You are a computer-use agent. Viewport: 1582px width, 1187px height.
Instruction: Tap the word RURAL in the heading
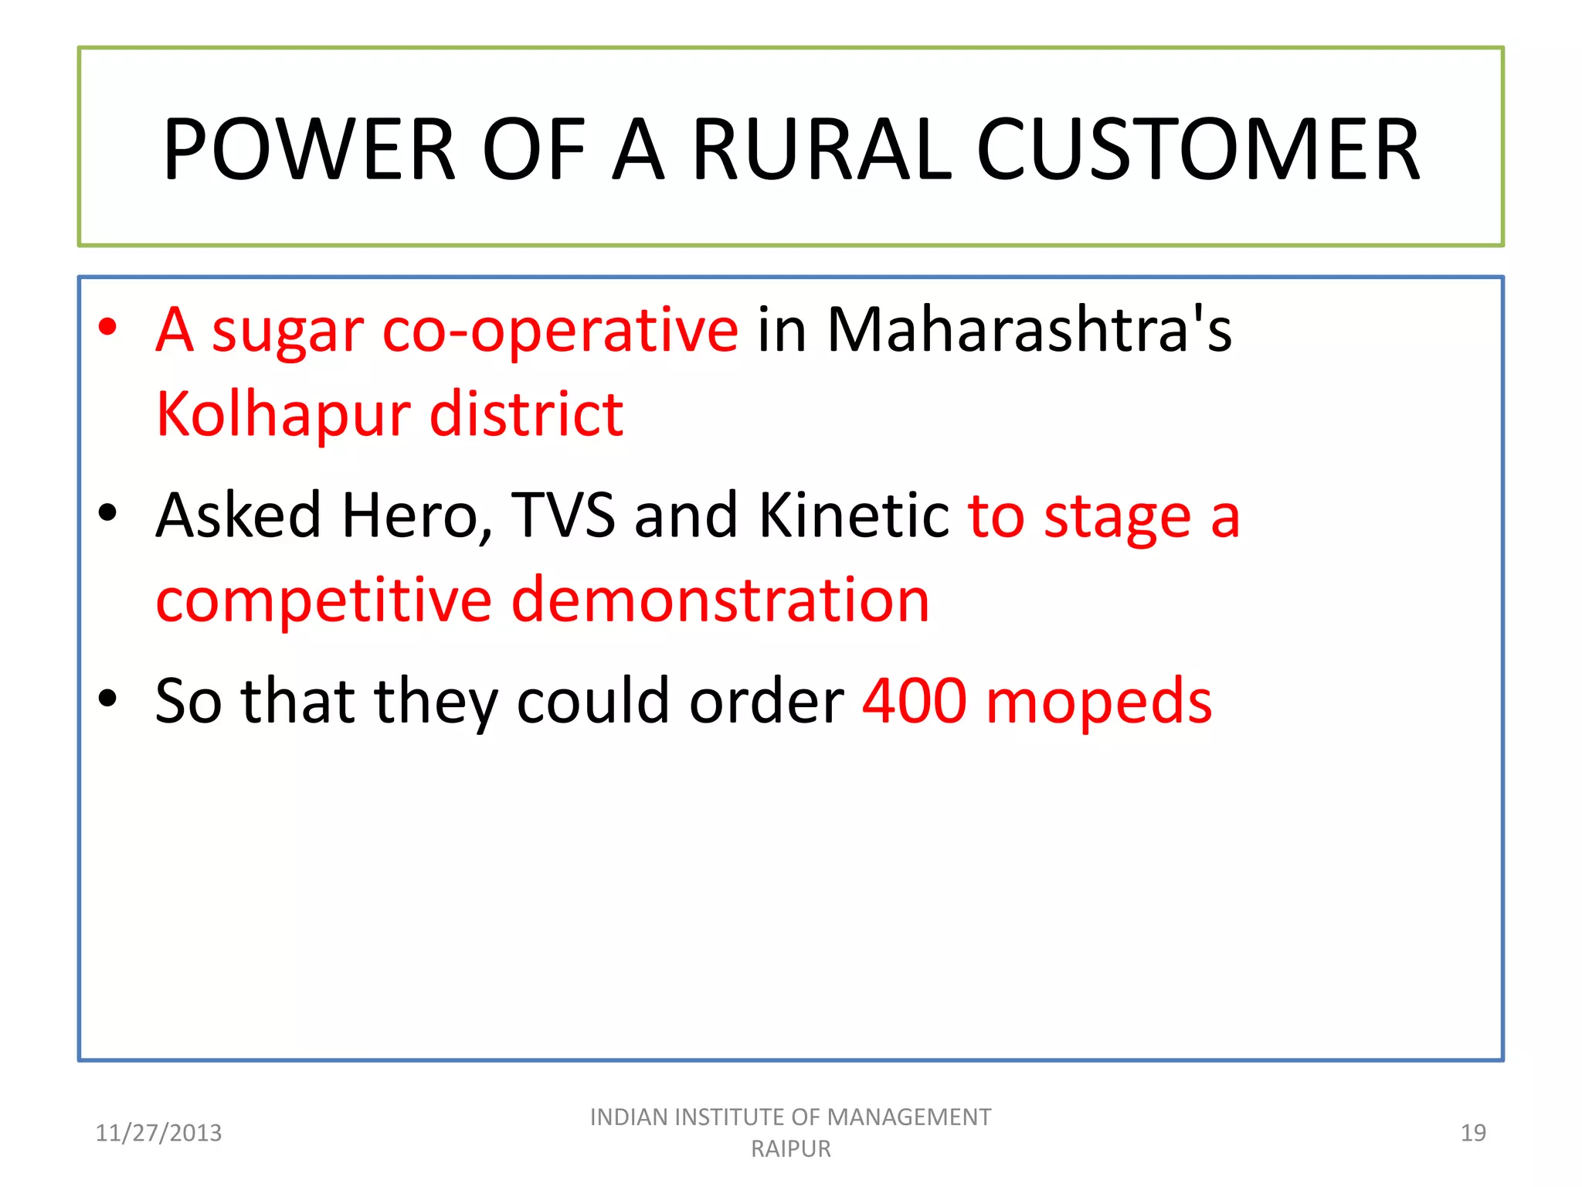[822, 149]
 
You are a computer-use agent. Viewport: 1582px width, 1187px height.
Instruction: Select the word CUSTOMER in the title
[1198, 149]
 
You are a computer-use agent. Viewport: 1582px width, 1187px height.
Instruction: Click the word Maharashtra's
[1029, 330]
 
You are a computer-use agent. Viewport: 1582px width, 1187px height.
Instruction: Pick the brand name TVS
[563, 516]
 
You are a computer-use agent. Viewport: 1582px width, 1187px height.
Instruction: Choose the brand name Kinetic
[854, 516]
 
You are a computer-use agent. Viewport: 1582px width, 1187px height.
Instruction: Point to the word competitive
[324, 600]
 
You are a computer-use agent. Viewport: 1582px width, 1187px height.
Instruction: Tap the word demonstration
[720, 600]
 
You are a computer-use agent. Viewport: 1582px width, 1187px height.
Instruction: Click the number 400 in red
[915, 701]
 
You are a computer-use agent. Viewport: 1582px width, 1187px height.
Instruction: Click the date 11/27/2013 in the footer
[158, 1133]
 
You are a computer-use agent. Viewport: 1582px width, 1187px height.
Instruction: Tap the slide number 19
[1473, 1133]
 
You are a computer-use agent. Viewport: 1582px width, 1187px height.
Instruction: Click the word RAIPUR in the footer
[791, 1149]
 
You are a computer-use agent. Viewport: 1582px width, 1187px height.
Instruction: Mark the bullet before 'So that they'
[107, 699]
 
